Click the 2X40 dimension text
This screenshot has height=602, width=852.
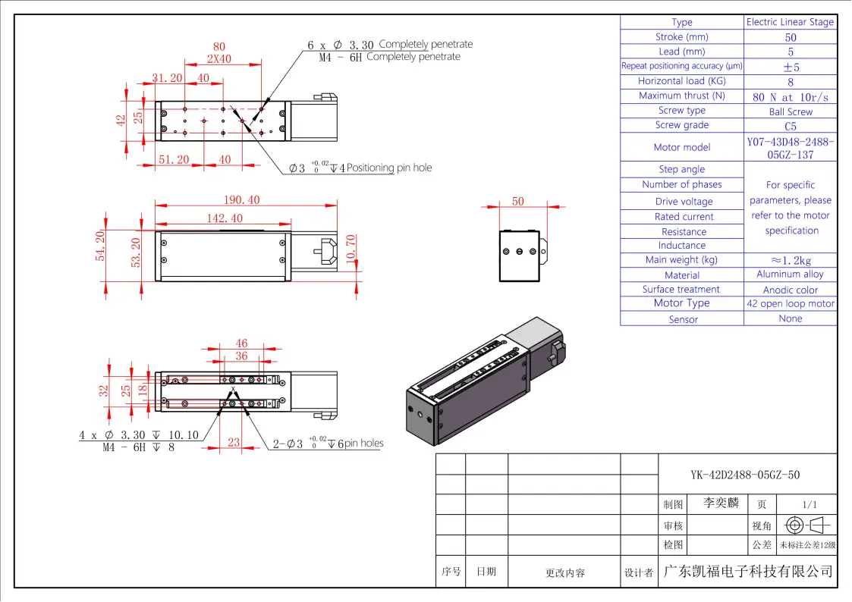[219, 58]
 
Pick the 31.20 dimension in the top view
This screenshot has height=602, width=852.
[167, 78]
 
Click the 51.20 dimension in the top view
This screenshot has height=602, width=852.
[174, 160]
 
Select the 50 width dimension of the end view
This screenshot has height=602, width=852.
[518, 202]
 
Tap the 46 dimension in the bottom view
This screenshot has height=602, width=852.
[241, 344]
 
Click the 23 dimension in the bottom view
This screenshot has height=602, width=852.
[234, 443]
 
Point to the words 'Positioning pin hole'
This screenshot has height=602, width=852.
[389, 168]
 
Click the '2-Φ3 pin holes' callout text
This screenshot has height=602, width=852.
[328, 444]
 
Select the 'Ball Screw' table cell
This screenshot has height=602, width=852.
[790, 111]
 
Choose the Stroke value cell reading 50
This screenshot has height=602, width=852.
[790, 37]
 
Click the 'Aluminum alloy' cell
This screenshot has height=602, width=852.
[790, 274]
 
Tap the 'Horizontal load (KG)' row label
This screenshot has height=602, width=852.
[681, 81]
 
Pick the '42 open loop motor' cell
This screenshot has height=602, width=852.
[790, 304]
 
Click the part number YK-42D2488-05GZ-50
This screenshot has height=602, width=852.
[745, 475]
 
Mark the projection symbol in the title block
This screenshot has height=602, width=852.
[809, 525]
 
